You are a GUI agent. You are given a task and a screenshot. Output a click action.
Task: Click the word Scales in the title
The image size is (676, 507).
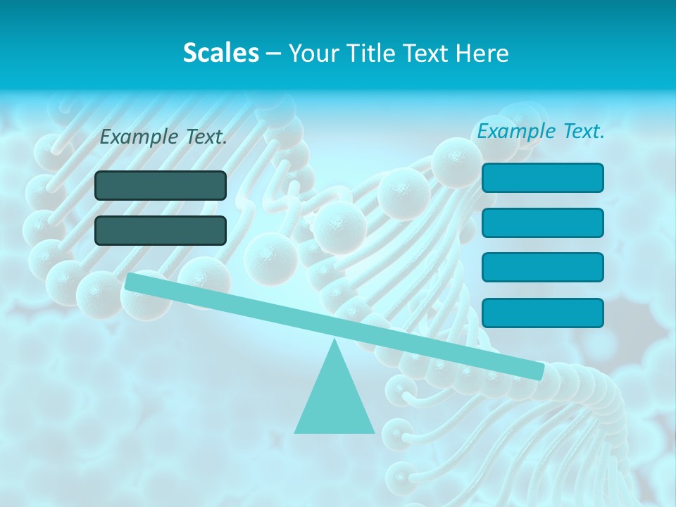tap(220, 53)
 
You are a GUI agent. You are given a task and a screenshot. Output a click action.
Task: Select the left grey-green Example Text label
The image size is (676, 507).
tap(163, 137)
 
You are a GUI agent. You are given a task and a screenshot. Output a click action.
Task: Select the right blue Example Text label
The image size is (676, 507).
tap(541, 131)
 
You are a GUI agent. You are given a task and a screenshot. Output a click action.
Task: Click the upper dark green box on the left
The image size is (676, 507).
tap(161, 185)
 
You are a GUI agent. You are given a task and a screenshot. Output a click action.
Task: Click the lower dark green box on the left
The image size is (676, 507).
tap(161, 230)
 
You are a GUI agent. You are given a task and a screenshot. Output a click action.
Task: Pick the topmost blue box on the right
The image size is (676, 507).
tap(542, 177)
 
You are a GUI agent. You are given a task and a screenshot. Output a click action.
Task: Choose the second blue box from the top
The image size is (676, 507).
tap(542, 223)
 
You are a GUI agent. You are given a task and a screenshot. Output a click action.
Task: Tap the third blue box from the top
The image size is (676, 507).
tap(542, 268)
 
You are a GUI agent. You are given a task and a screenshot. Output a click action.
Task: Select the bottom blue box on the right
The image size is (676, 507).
tap(542, 313)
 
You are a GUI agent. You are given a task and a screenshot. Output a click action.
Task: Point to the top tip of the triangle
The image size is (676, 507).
tap(334, 340)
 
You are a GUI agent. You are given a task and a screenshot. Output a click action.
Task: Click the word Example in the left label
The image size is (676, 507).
tap(139, 137)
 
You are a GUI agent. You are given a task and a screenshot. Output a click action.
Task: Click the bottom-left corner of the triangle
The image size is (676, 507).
tap(295, 432)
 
